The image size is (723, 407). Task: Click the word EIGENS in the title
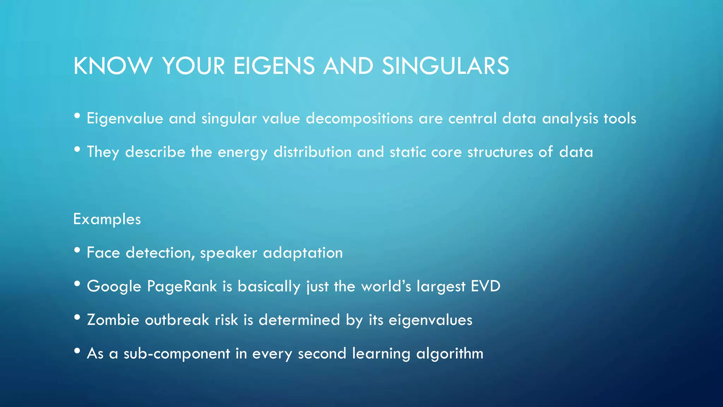tap(274, 66)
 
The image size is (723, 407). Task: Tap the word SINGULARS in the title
tap(445, 66)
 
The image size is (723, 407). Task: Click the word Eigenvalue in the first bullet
tap(125, 119)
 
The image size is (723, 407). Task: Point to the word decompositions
tap(359, 119)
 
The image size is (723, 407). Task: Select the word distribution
tap(312, 152)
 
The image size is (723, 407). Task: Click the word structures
tap(500, 152)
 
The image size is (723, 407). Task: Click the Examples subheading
tap(107, 219)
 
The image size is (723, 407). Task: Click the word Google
tap(114, 287)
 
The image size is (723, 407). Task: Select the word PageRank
tap(182, 287)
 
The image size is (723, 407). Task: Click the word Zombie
tap(113, 320)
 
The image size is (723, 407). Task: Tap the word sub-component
tap(177, 354)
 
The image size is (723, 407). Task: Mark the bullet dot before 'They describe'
tap(77, 149)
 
